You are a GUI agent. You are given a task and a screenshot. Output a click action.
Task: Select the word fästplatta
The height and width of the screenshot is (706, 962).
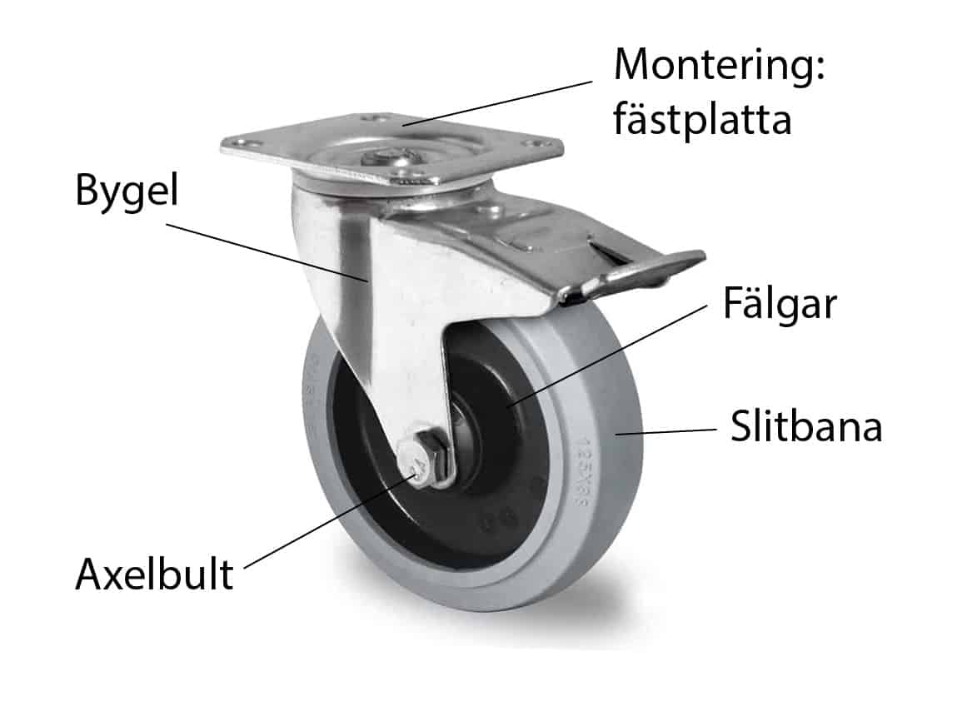(701, 121)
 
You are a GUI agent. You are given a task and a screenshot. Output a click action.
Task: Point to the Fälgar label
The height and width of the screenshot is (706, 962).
(779, 306)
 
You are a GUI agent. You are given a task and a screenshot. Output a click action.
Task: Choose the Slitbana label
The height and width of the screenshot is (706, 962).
(806, 428)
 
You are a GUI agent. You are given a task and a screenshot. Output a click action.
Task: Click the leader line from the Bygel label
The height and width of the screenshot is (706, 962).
(267, 250)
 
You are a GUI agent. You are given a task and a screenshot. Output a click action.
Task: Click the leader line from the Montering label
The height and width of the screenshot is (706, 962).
(500, 102)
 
